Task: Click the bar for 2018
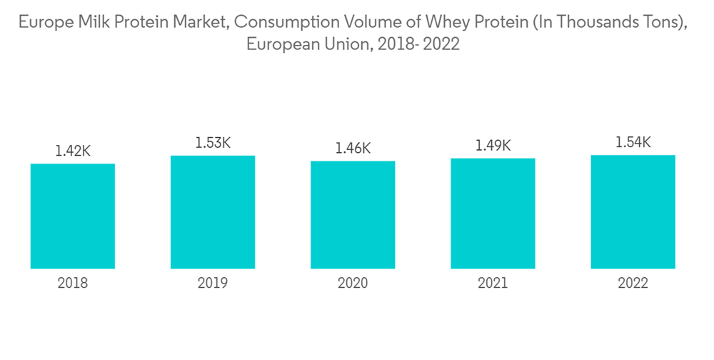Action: [73, 216]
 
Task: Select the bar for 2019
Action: [213, 211]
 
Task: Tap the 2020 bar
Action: [353, 214]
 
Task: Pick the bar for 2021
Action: [493, 213]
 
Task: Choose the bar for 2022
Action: [633, 211]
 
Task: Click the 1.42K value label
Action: [73, 151]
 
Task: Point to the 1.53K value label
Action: [213, 143]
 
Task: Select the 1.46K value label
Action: [353, 148]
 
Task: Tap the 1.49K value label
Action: [493, 146]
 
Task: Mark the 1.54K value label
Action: [633, 142]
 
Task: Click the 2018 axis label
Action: [73, 283]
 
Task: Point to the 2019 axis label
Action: [213, 283]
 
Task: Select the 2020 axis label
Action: [353, 283]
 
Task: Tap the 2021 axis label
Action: [493, 283]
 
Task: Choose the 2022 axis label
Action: [633, 283]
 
